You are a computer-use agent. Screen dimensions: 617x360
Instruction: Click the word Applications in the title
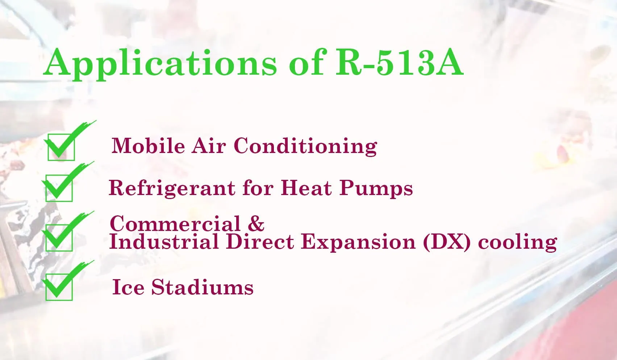[160, 63]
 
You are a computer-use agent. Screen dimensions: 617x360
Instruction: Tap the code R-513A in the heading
[400, 62]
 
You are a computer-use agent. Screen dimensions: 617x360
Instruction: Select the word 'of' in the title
[306, 62]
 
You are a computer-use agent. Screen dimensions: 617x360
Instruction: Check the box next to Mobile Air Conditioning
[61, 147]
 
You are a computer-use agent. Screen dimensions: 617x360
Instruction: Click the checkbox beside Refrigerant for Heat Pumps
[59, 188]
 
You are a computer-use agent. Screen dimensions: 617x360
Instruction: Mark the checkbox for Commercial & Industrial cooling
[59, 237]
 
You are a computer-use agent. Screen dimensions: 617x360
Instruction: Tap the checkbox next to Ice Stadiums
[59, 287]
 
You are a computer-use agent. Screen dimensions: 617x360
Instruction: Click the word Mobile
[148, 145]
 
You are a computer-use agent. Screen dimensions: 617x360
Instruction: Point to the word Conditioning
[305, 146]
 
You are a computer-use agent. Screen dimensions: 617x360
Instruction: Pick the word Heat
[306, 187]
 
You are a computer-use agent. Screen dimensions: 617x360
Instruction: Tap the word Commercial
[175, 224]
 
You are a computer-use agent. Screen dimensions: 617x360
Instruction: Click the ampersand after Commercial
[256, 223]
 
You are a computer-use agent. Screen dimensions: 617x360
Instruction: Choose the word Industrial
[164, 241]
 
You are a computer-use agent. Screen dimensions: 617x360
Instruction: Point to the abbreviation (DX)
[446, 242]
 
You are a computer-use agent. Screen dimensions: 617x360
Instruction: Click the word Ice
[128, 287]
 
